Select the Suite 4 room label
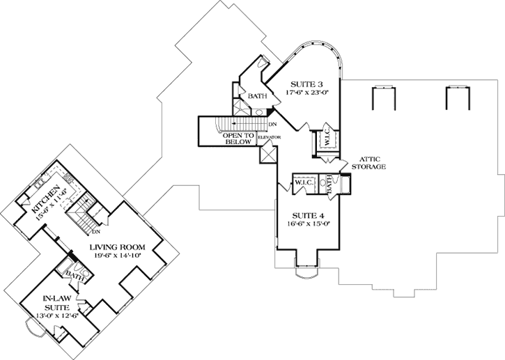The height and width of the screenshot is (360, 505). coord(306,215)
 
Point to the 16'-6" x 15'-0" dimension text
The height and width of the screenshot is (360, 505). coord(306,224)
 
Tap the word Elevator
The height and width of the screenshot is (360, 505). coord(270,138)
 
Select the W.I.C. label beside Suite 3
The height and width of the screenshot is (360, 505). coord(325,139)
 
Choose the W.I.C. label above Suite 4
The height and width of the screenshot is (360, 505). coord(304,182)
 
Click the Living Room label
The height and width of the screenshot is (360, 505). coord(116,246)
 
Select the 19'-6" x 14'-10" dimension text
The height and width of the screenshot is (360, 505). coord(116,256)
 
